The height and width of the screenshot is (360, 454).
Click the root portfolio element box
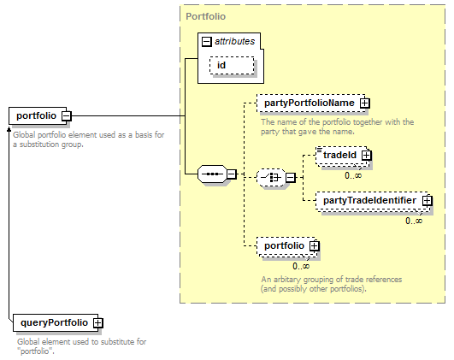coord(38,115)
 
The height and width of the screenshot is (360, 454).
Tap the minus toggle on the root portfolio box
coord(67,116)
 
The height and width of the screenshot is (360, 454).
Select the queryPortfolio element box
coord(56,322)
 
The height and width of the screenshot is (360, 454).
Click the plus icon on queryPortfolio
coord(97,323)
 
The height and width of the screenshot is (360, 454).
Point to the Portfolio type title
coord(205,16)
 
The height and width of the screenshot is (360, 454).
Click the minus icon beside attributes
coord(206,42)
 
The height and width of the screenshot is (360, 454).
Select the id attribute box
coord(232,66)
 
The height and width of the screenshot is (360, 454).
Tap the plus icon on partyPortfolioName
coord(365,103)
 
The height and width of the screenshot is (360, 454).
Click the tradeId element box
coord(342,156)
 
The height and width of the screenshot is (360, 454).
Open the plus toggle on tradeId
coord(367,156)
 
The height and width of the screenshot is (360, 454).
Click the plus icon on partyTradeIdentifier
coord(427,201)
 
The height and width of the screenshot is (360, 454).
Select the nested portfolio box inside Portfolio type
coord(286,246)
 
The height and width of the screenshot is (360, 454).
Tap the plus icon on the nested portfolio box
coord(315,246)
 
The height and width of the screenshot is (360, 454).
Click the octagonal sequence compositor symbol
coord(213,174)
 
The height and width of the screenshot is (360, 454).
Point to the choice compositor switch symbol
coord(271,177)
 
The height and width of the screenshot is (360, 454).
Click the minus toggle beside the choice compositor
coord(291,178)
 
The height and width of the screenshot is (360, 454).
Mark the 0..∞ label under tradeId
coord(353,175)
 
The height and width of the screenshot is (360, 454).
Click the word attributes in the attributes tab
coord(235,41)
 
